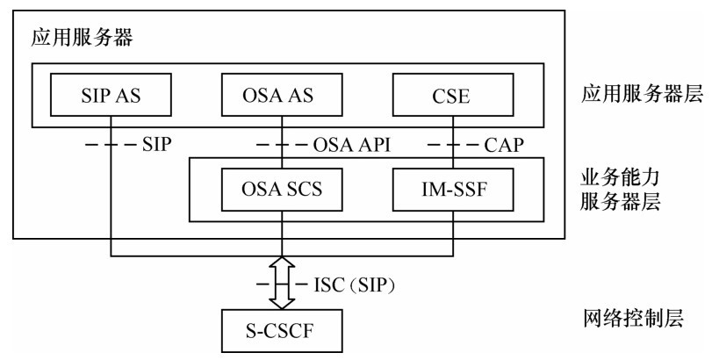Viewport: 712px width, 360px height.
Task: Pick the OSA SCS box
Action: pyautogui.click(x=282, y=189)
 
